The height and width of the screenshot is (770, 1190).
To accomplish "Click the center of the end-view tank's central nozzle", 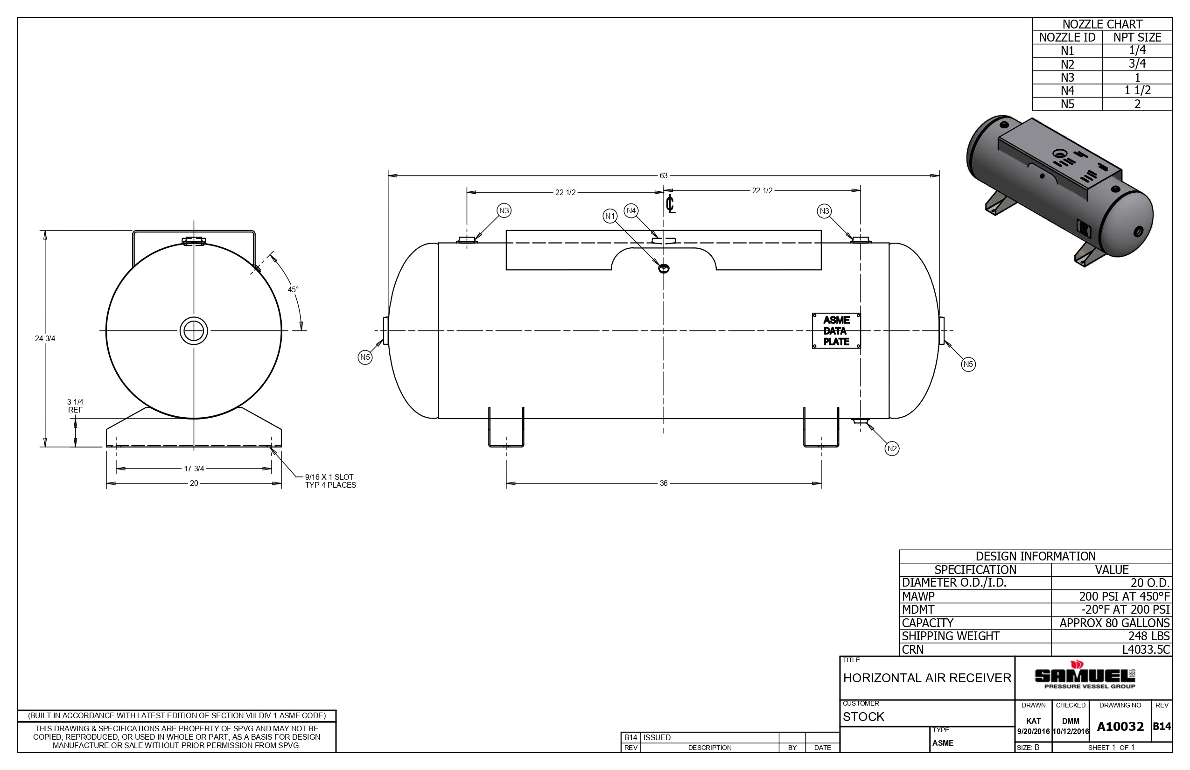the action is click(194, 330).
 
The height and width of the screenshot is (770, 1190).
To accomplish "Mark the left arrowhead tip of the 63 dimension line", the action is click(388, 175).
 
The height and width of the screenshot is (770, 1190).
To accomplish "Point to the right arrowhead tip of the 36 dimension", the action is click(821, 483).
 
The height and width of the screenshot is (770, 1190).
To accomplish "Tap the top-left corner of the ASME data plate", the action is click(812, 314).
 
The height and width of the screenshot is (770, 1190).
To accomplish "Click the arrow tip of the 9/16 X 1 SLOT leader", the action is click(271, 448).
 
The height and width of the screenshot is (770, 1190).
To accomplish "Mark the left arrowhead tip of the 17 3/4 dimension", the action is click(117, 469).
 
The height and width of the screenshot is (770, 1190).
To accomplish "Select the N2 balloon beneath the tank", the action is click(891, 448).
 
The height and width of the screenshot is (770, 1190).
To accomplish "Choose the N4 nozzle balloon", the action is click(631, 210).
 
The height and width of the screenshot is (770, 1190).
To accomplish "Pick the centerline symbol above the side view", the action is click(671, 204).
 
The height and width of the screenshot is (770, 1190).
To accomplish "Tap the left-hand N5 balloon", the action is click(365, 357).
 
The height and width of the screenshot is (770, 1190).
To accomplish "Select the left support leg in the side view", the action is click(506, 427).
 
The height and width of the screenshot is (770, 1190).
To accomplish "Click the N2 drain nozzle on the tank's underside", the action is click(861, 421).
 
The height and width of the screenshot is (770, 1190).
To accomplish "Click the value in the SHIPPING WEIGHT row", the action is click(1149, 636).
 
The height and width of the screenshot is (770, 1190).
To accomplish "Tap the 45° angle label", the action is click(293, 289).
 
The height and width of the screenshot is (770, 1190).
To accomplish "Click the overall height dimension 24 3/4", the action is click(45, 338).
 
